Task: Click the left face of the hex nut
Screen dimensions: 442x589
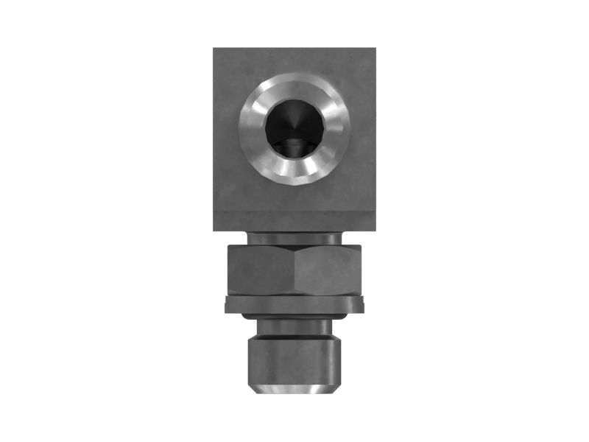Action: pos(262,270)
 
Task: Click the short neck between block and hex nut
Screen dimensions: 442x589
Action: pos(294,238)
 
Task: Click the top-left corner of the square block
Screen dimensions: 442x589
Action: pos(215,50)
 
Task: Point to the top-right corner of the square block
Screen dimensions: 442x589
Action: pos(374,50)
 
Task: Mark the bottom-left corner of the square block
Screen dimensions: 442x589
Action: pos(215,229)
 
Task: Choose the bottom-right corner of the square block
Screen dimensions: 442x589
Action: pos(374,229)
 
